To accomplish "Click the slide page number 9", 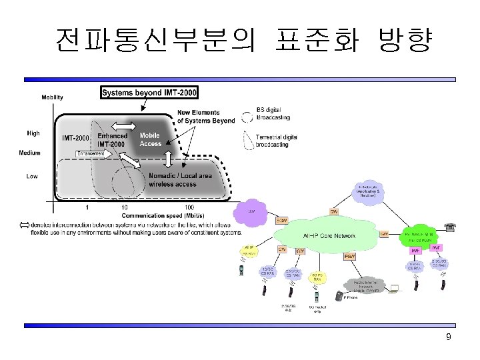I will pos(448,337).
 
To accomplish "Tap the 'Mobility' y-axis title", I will pos(53,97).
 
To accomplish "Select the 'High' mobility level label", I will pos(33,133).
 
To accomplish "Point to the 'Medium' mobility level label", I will pos(29,153).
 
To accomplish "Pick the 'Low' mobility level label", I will pos(32,177).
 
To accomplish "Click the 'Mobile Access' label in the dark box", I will pos(150,139).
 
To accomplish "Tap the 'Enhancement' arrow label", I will pos(91,154).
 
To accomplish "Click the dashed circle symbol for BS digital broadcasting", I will pos(247,117).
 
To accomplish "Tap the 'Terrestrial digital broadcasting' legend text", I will pos(277,140).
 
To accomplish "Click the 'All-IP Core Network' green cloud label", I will pos(329,235).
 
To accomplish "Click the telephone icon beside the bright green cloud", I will pos(451,227).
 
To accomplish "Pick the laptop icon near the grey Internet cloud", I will pos(393,288).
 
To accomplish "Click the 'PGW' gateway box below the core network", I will pos(348,256).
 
